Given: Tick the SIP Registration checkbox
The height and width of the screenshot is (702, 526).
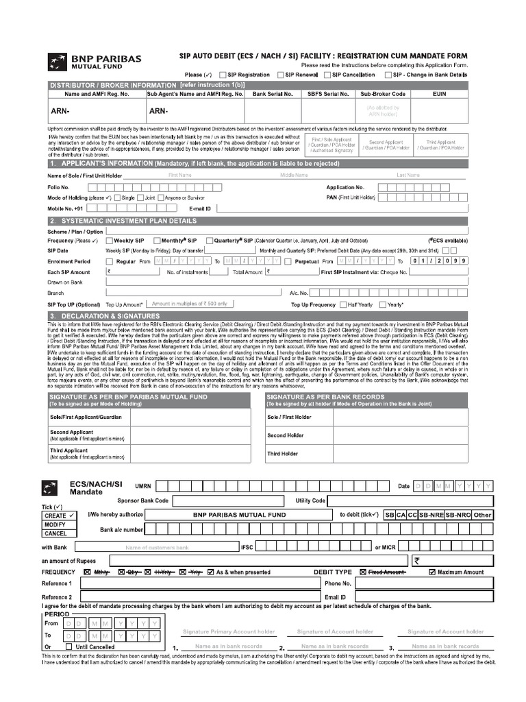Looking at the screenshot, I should click(223, 75).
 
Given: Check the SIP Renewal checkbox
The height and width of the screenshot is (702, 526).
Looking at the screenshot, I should click(281, 75).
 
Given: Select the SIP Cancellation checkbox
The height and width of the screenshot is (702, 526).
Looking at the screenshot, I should click(327, 75).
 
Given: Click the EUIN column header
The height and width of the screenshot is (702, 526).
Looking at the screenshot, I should click(440, 94).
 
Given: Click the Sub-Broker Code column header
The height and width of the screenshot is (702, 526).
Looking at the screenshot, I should click(383, 94).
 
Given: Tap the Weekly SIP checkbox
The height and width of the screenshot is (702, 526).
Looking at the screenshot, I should click(109, 241).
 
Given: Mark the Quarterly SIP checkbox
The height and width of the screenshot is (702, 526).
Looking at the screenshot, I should click(210, 241).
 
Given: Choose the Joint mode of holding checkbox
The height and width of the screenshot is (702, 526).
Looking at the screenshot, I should click(140, 197).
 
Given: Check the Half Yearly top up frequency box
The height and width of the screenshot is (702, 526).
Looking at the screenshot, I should click(343, 304).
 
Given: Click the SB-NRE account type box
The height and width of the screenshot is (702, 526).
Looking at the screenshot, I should click(431, 515).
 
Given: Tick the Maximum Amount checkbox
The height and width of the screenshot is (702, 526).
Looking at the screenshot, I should click(432, 572).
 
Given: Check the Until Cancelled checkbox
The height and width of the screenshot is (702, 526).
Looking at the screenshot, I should click(68, 646).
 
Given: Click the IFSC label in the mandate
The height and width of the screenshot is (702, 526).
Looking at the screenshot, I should click(247, 547).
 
